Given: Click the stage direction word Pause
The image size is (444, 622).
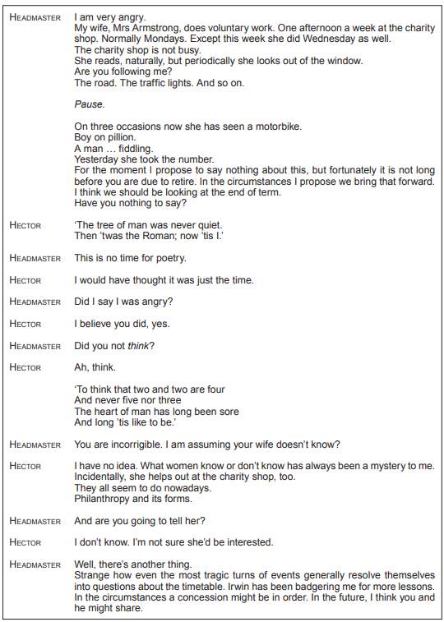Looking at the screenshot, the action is coord(88,105).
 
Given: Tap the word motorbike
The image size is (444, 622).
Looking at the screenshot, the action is coord(277,127).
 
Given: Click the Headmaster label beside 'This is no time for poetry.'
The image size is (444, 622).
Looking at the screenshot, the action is coord(35,258).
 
